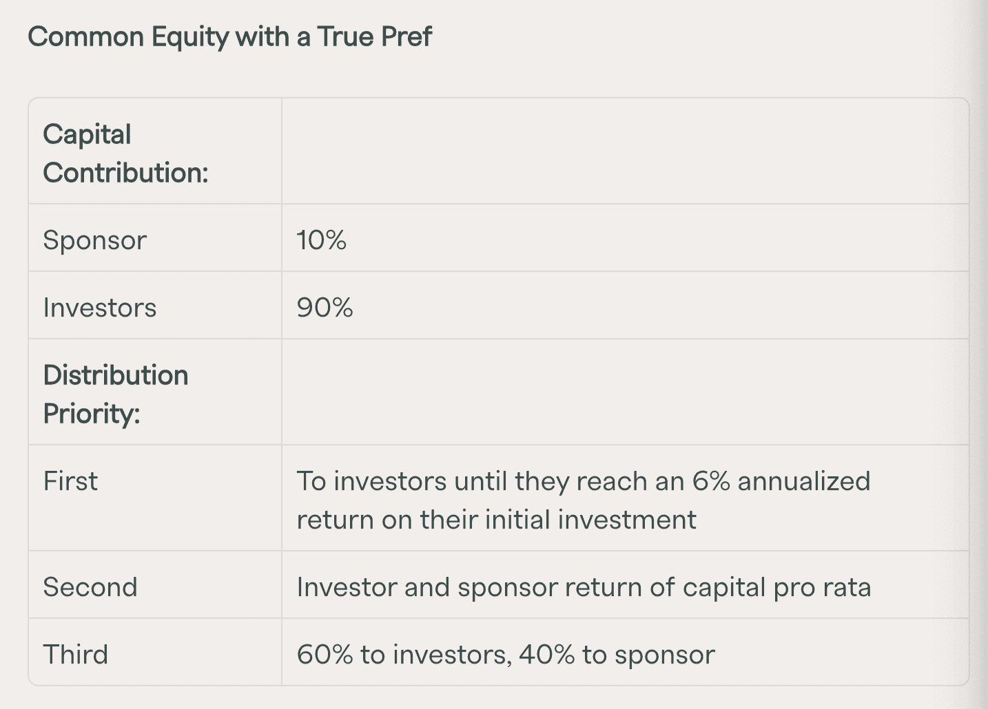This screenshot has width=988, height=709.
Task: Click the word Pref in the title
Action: coord(406,36)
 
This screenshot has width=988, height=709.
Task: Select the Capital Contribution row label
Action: coord(125,153)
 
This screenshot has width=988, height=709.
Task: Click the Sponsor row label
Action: coord(95,240)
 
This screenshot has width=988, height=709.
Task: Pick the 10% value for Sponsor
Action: coord(321,240)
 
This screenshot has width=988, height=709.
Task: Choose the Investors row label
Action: coord(100,308)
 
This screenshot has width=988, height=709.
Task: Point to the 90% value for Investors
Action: coord(325,308)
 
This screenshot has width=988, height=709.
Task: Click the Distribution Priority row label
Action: coord(116,394)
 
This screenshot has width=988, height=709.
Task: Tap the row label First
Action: coord(70,481)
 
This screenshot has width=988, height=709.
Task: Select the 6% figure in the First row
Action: coord(710,481)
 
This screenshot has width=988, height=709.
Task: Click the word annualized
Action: coord(804,481)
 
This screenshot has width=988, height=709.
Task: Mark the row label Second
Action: coord(90,587)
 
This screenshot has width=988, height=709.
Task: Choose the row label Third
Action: coord(76,655)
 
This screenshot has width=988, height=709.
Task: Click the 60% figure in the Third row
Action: coord(325,655)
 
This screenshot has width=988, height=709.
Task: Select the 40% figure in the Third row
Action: coord(546,655)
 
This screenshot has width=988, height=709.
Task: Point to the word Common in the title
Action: coord(85,36)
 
